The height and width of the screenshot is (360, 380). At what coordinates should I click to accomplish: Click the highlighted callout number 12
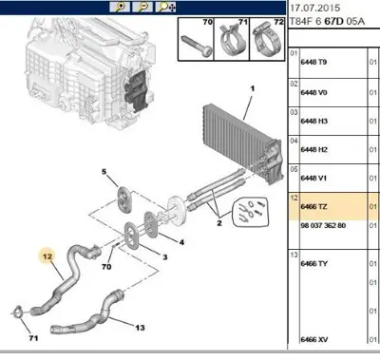click(47, 256)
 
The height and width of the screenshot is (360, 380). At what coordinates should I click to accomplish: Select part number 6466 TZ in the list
click(313, 207)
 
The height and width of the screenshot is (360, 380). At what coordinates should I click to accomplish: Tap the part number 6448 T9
click(313, 62)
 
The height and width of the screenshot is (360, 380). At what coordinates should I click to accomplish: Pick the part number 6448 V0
click(313, 92)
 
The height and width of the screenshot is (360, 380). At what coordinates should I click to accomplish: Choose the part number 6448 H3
click(314, 121)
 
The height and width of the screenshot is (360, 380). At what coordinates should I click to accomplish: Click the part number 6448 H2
click(314, 149)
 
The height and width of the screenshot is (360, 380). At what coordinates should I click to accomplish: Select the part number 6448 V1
click(313, 178)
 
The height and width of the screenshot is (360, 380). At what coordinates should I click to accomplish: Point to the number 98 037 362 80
click(323, 225)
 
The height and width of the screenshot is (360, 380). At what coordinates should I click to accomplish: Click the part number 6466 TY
click(313, 263)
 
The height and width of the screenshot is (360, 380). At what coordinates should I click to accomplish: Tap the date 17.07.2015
click(315, 8)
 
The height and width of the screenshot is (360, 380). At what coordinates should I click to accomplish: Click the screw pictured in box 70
click(196, 45)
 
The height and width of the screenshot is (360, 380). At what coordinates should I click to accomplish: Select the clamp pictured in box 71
click(232, 40)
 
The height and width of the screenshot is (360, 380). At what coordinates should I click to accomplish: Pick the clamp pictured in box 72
click(267, 40)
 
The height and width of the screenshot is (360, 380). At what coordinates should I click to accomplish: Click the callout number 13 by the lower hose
click(140, 328)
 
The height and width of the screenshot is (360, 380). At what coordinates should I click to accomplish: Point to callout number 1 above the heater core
click(253, 88)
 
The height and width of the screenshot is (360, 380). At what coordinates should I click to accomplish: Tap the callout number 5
click(104, 172)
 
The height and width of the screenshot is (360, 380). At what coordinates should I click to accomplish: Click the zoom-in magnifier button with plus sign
click(120, 7)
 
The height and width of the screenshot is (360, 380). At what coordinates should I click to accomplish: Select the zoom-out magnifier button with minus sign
click(142, 7)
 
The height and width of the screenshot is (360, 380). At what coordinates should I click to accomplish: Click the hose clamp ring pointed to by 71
click(17, 312)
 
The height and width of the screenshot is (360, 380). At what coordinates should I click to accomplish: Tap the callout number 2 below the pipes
click(219, 223)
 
